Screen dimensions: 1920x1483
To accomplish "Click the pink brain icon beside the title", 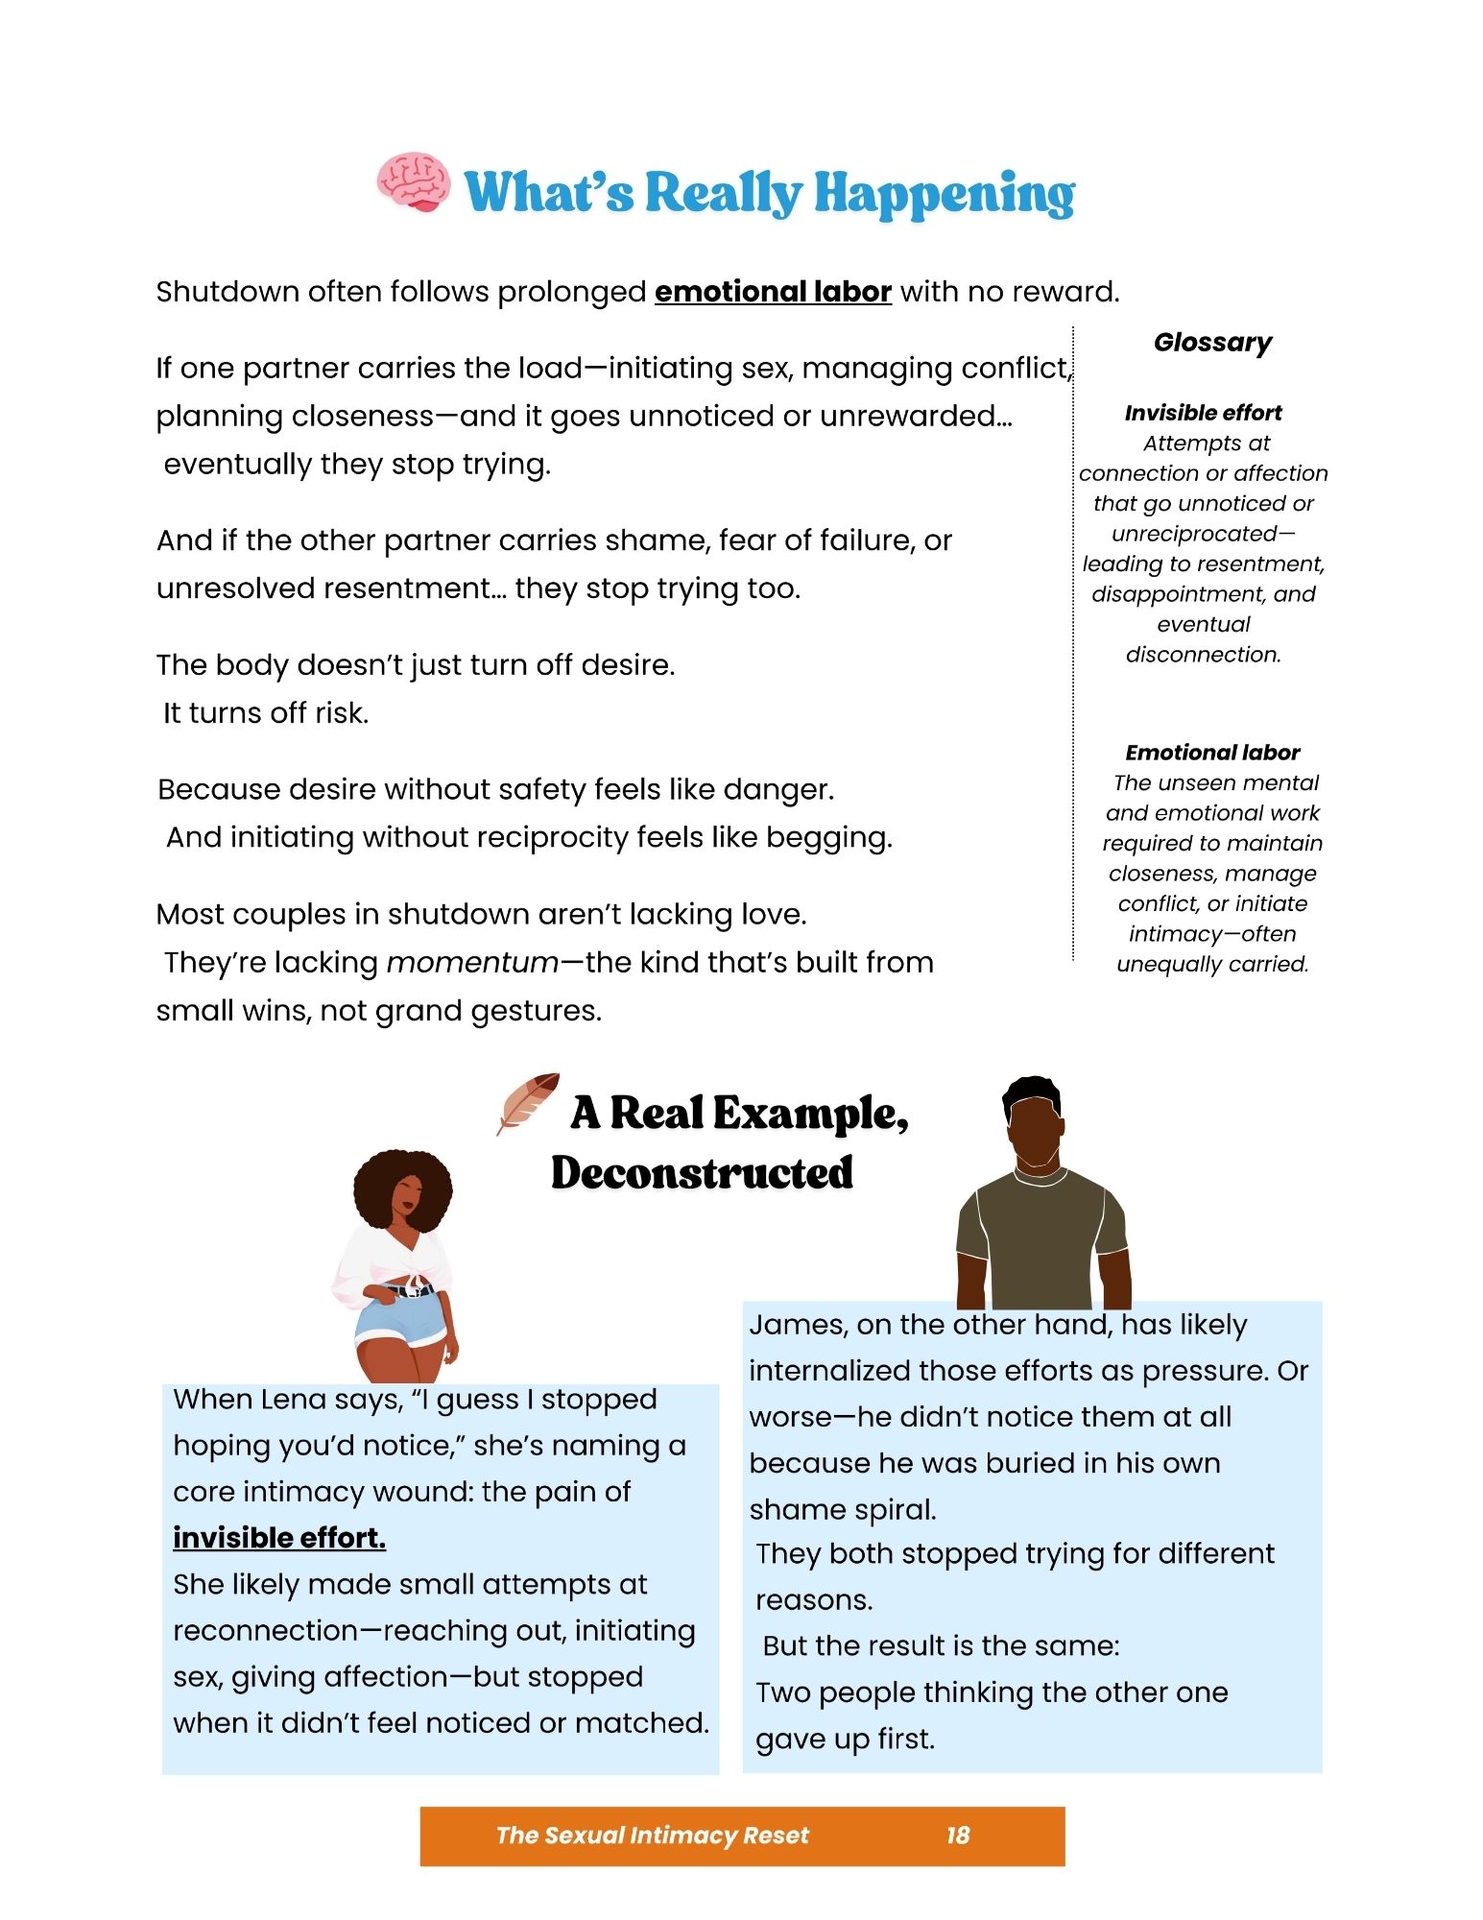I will pos(413,181).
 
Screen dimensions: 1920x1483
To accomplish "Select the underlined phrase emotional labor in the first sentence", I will pos(773,292).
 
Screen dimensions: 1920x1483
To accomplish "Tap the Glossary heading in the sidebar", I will pos(1212,343).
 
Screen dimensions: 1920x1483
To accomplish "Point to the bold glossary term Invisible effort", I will pos(1203,413).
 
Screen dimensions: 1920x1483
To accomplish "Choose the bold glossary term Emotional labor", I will pos(1212,753).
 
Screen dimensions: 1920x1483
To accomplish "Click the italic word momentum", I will pos(472,963).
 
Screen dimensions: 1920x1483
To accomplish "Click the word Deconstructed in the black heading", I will pos(702,1173).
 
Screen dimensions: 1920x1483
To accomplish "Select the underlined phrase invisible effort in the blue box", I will pos(279,1538).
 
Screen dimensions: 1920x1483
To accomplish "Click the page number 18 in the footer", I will pos(957,1836).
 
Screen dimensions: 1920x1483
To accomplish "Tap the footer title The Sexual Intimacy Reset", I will pos(652,1836).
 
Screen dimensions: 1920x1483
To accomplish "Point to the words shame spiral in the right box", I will pos(842,1510).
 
